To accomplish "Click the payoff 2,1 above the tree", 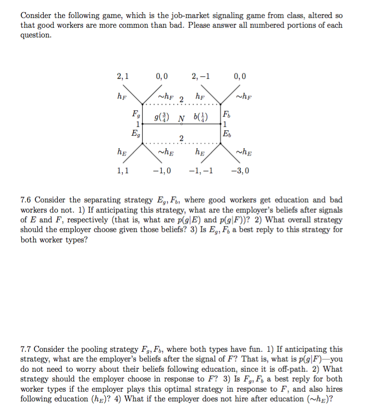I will coord(122,76).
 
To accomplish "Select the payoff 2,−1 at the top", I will coord(200,76).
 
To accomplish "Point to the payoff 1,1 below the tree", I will coord(122,171).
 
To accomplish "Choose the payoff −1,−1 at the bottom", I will coord(200,171).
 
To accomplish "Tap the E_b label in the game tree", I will coord(226,133).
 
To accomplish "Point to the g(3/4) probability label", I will coord(161,118).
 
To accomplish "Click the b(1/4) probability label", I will coord(200,118).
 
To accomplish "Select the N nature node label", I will coord(181,119).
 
